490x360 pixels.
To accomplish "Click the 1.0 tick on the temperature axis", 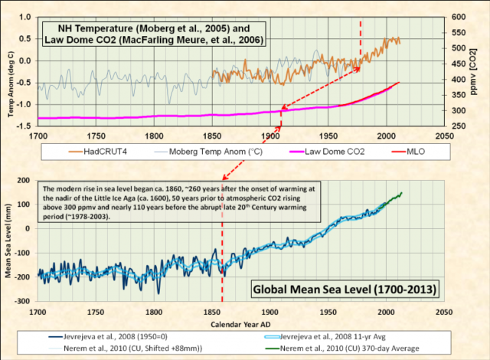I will click(24, 17).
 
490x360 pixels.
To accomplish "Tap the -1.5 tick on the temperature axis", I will click(23, 125).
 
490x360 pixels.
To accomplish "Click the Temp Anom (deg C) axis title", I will click(8, 70).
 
